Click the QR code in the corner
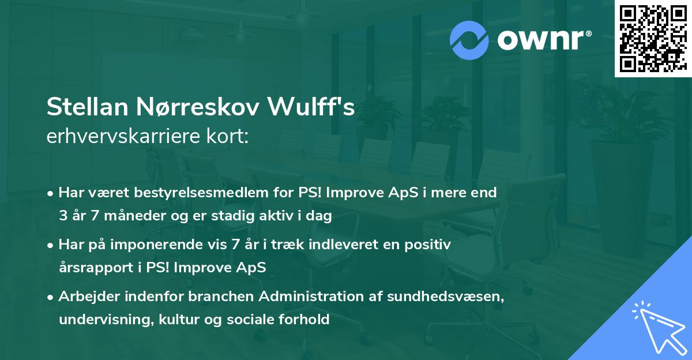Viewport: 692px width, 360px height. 653,39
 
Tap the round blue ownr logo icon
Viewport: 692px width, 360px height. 469,40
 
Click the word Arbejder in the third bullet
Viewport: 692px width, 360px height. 85,297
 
